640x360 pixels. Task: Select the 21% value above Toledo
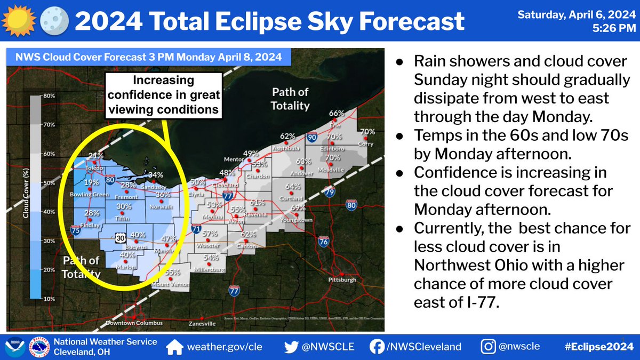point(96,156)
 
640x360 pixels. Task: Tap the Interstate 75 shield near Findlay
point(76,230)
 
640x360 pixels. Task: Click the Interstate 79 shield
point(331,191)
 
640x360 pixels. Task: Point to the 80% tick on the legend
point(50,96)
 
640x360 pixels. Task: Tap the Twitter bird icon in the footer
point(291,347)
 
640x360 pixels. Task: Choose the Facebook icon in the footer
point(377,347)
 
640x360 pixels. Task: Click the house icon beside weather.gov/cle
point(174,347)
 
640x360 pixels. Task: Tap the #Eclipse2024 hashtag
point(598,347)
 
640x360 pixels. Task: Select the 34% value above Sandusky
point(156,174)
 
